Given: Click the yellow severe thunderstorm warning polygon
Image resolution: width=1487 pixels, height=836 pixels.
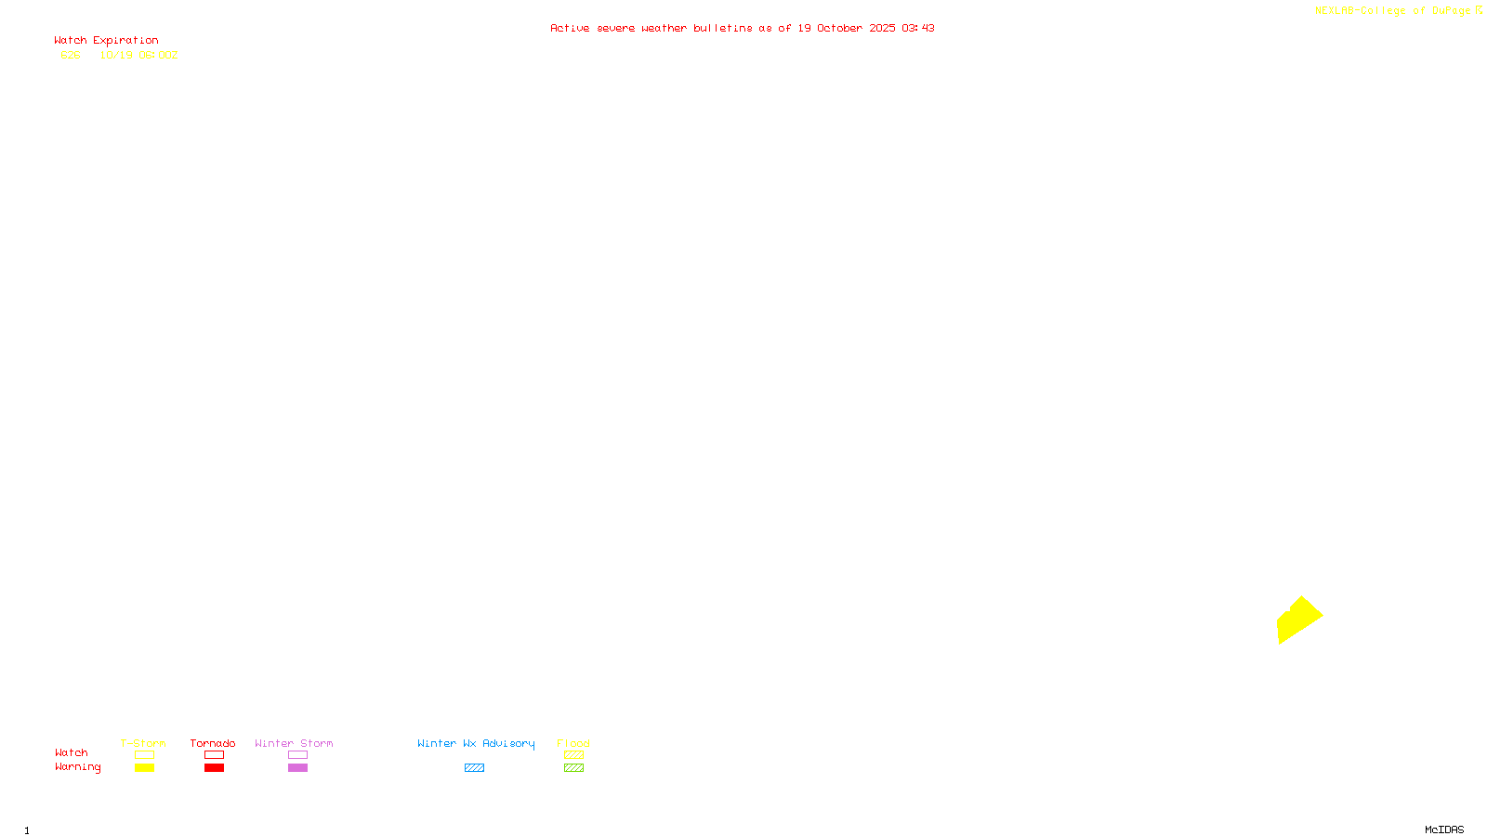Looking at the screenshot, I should (1298, 620).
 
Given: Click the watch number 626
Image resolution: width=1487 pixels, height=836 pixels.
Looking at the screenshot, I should (71, 55).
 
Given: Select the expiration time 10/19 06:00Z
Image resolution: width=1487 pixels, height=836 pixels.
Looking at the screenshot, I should (138, 55).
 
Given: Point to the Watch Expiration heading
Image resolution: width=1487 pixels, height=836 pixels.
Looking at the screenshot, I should (106, 41).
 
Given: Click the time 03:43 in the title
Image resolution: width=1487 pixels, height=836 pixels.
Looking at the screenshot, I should (917, 28).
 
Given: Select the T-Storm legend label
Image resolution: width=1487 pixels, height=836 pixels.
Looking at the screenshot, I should (143, 743).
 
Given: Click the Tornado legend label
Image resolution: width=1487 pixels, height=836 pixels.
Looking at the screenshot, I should (213, 743).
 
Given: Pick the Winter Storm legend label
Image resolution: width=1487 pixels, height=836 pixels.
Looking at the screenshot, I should (294, 743).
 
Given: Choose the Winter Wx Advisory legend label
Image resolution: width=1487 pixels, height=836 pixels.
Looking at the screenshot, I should (476, 743).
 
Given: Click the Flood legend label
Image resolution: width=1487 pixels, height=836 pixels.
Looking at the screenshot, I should (573, 743).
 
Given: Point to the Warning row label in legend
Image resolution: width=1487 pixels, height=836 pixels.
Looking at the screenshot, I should (77, 767).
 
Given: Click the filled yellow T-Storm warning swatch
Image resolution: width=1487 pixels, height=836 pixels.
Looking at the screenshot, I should (144, 768).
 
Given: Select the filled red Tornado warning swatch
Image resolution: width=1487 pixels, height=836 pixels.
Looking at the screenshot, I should (214, 768).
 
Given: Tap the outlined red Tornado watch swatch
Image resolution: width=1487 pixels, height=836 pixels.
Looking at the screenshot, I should (214, 755).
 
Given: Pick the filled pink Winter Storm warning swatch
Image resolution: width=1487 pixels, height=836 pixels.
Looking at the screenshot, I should (297, 768).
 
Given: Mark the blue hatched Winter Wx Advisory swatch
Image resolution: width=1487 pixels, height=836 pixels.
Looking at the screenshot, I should (474, 768).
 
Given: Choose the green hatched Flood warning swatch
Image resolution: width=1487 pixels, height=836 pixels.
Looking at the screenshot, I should (573, 768).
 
